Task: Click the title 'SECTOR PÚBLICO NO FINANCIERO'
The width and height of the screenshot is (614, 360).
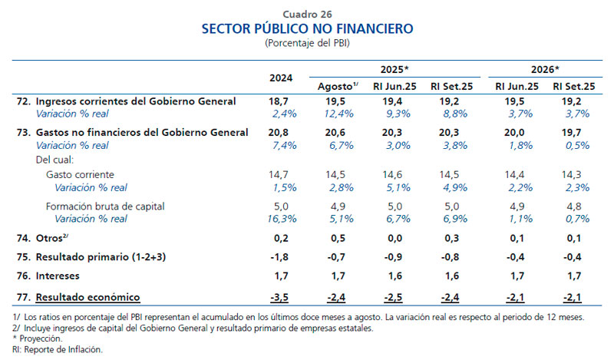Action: (x=307, y=29)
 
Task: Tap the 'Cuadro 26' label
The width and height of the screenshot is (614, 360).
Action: (x=307, y=14)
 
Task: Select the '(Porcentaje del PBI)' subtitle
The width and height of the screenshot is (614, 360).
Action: (x=307, y=43)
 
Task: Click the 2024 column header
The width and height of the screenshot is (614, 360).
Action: (x=281, y=78)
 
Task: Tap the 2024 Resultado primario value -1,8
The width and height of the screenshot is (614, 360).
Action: (x=281, y=256)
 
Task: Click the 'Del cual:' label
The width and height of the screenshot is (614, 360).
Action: (x=54, y=160)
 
